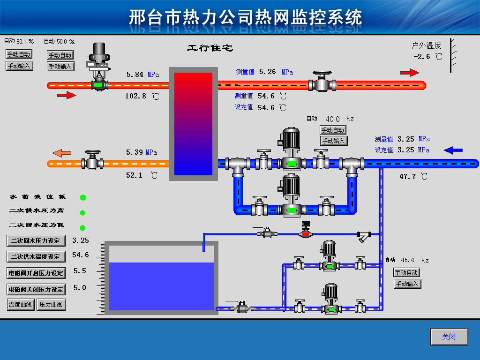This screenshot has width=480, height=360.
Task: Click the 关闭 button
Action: pos(449,337)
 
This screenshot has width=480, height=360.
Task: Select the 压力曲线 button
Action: pos(51,305)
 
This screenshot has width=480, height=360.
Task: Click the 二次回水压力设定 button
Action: pos(36,240)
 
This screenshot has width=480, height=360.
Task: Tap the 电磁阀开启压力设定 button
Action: pos(36,273)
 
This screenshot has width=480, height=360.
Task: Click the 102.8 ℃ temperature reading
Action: pos(135,96)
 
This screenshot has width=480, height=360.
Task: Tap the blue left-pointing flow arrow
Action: pos(453,150)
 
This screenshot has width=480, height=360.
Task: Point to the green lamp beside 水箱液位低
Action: pos(83,198)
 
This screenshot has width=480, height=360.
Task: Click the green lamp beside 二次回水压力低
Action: pos(83,228)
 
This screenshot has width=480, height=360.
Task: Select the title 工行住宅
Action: pos(210,48)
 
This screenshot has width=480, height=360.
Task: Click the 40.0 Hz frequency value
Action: pos(332,119)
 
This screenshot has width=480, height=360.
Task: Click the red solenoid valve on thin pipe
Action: pos(306,233)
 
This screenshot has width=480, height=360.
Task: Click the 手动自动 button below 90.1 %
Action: pos(19,54)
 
